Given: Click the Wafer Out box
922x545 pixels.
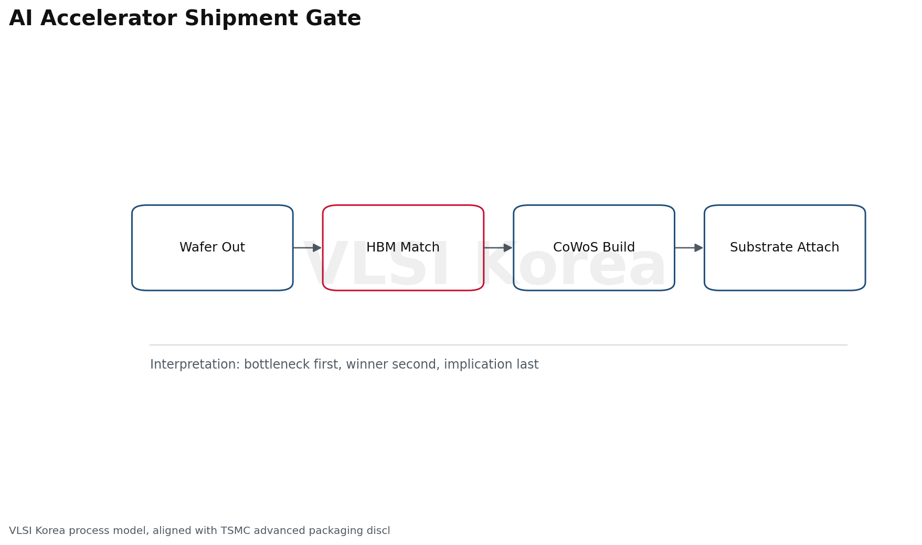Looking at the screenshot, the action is click(x=213, y=248).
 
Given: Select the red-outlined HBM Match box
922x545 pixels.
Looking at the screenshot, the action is click(x=403, y=248).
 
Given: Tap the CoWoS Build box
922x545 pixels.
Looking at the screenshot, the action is click(x=594, y=248).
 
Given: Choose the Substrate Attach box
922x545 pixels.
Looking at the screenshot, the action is click(x=785, y=248).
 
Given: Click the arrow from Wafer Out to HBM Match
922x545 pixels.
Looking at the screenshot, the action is click(x=308, y=248).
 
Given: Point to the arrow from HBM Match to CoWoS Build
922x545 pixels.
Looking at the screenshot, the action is click(x=498, y=248).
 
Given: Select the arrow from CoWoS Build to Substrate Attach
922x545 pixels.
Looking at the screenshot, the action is click(x=689, y=248).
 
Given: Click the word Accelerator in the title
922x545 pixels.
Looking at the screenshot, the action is click(x=110, y=19).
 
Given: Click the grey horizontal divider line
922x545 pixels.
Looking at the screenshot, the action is click(x=499, y=345).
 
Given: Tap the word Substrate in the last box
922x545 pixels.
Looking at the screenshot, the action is click(x=754, y=248).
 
